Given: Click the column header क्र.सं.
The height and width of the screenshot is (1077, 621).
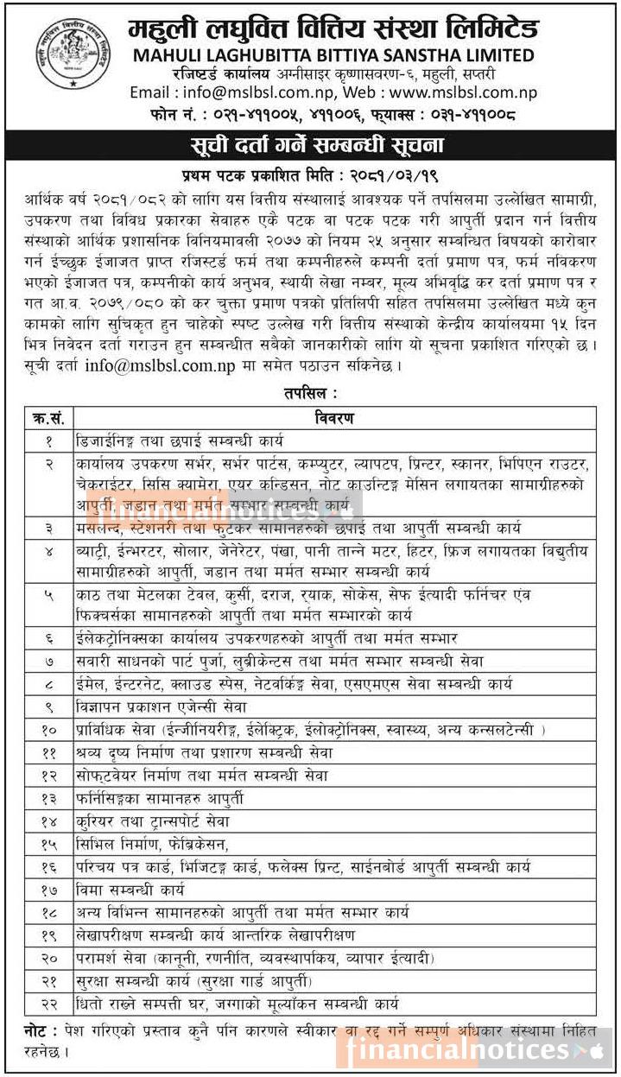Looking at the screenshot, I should [48, 418].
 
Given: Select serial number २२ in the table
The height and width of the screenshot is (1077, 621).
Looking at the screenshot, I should [48, 1003].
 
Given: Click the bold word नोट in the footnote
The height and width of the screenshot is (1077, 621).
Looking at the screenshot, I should [39, 1031].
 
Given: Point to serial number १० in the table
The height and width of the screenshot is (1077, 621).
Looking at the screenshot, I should [48, 730].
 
